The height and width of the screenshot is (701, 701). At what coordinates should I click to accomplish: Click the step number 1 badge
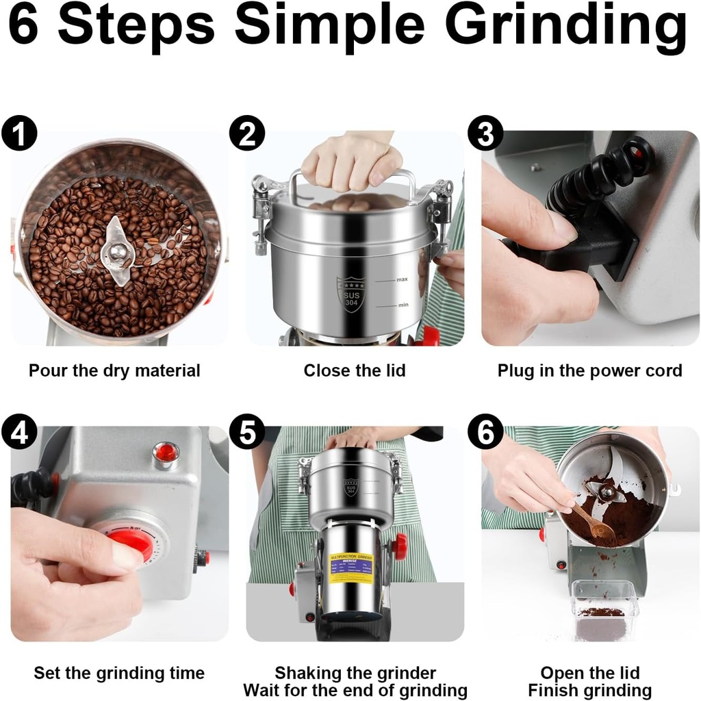click(19, 133)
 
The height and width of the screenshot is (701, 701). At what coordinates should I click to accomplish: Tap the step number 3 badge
click(485, 133)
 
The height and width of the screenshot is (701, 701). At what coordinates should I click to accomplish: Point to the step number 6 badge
click(485, 433)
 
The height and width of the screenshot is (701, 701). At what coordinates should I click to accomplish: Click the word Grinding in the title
click(565, 27)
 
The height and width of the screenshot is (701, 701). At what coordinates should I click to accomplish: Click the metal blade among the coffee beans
click(118, 251)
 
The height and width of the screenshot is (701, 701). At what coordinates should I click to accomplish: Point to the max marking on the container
click(402, 280)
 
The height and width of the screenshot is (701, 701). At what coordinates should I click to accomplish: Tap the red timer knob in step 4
click(130, 545)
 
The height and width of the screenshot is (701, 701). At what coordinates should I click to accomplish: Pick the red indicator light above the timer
click(166, 453)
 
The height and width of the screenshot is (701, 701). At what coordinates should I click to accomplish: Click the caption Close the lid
click(355, 371)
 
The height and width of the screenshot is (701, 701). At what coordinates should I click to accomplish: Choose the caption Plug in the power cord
click(589, 371)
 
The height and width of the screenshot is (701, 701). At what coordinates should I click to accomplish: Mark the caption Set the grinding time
click(119, 673)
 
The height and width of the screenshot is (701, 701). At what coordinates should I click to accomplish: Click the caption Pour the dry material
click(114, 371)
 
